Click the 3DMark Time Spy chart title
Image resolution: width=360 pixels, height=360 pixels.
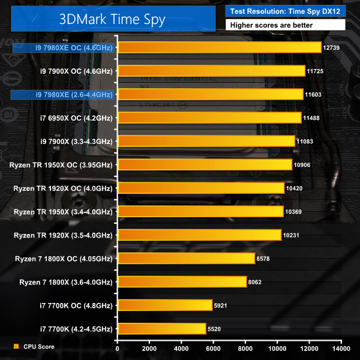coord(112,18)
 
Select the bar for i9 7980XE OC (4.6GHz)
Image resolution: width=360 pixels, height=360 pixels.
coord(220,47)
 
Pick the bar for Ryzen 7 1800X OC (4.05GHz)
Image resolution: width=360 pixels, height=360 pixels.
coord(187,258)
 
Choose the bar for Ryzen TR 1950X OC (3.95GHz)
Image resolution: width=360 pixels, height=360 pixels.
coord(205,164)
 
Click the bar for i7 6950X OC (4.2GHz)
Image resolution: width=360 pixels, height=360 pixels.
coord(210,118)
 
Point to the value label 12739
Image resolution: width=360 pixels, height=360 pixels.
coord(332,48)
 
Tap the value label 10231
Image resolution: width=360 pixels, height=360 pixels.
coord(292,235)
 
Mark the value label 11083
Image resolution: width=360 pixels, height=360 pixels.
coord(305,142)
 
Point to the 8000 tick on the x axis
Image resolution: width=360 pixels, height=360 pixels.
coord(246,347)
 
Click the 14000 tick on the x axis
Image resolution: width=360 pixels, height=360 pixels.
coord(341,347)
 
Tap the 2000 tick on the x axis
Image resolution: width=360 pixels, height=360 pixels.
coord(150,347)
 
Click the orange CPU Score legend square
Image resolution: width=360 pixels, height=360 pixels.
coord(16,347)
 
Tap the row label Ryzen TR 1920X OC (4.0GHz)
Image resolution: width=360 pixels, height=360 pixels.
coord(63,188)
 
